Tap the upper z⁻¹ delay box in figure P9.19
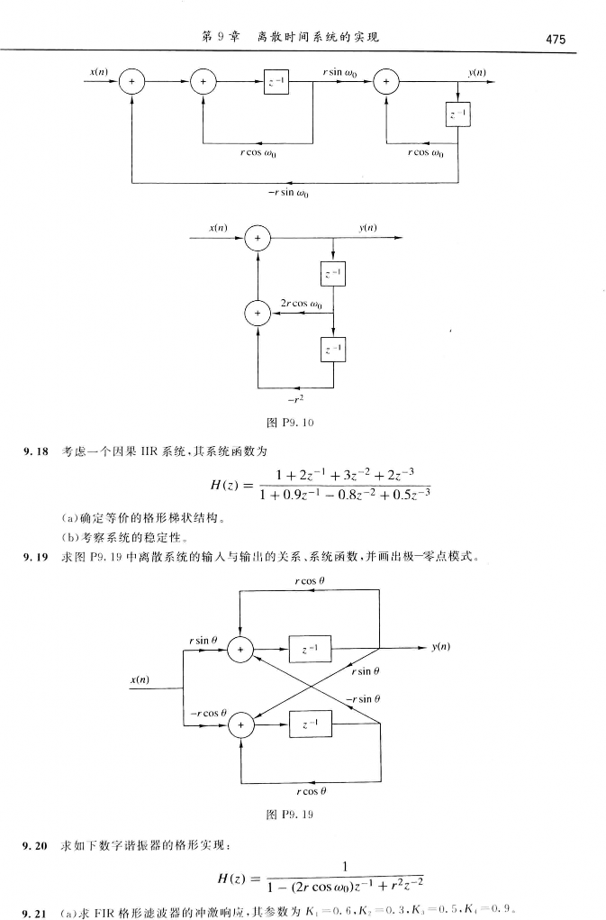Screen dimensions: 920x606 pos(310,648)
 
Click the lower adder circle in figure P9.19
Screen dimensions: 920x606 pos(240,724)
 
